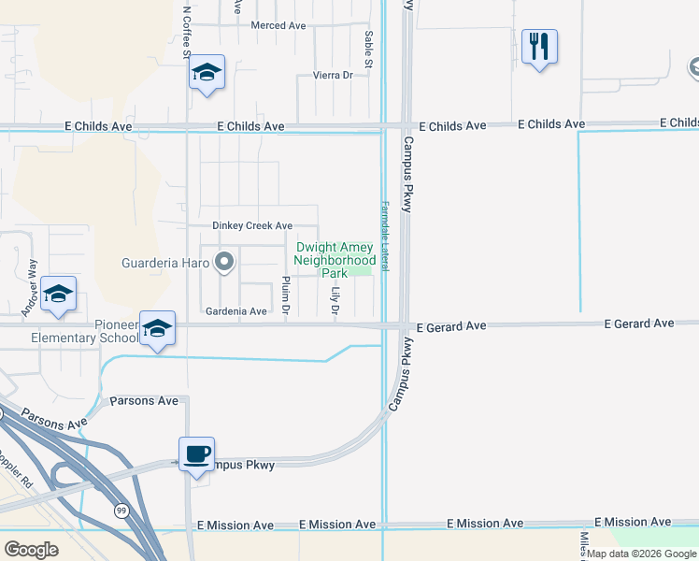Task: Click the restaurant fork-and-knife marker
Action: click(539, 46)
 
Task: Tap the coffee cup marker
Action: click(196, 455)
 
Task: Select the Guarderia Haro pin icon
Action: click(223, 263)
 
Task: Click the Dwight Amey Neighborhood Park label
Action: click(335, 260)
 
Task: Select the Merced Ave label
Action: click(278, 25)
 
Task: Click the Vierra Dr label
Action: click(334, 75)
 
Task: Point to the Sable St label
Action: click(370, 48)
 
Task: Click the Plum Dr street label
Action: click(286, 295)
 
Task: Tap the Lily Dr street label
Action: click(335, 299)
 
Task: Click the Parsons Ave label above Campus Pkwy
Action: click(144, 400)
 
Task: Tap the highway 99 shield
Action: click(121, 511)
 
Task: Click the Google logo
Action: click(31, 549)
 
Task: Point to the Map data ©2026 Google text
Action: click(641, 554)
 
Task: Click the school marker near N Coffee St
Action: click(207, 73)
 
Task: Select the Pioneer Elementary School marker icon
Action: click(158, 328)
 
